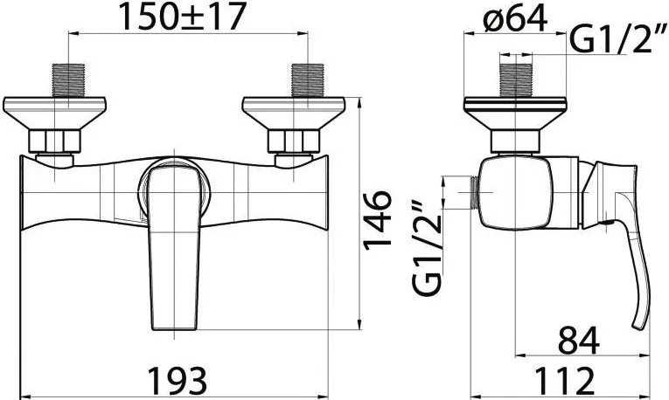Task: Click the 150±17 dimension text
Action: click(182, 17)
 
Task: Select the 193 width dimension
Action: click(177, 380)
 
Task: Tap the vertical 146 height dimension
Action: click(377, 219)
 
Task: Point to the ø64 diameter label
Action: click(515, 18)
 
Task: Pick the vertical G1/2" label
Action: click(428, 248)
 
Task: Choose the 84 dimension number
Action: click(579, 340)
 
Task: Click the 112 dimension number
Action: click(564, 380)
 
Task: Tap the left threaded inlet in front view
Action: click(68, 80)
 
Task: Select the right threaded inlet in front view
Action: click(307, 80)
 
